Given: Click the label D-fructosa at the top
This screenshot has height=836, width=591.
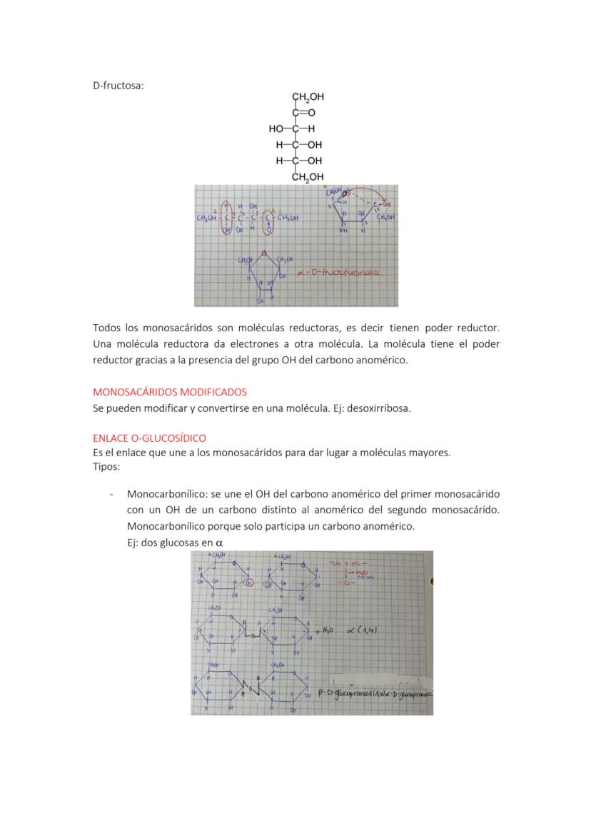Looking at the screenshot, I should (118, 86).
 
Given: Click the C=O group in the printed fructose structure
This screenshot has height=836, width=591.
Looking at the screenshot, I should (303, 113).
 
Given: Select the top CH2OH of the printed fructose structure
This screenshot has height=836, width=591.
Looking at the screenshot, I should (307, 97).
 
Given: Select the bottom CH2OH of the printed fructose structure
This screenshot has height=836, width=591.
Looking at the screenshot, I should (307, 176).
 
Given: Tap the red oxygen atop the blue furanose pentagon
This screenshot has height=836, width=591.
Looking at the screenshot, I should (265, 252).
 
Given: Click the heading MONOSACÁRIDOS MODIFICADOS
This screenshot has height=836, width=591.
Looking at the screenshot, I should (170, 392).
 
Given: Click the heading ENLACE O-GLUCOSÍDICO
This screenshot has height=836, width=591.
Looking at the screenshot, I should (149, 438).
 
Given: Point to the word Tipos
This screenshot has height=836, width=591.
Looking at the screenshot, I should (106, 466).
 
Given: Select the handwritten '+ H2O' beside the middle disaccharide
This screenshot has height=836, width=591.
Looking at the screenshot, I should (323, 630).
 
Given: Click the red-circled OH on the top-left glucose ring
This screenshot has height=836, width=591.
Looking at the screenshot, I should (248, 583).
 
